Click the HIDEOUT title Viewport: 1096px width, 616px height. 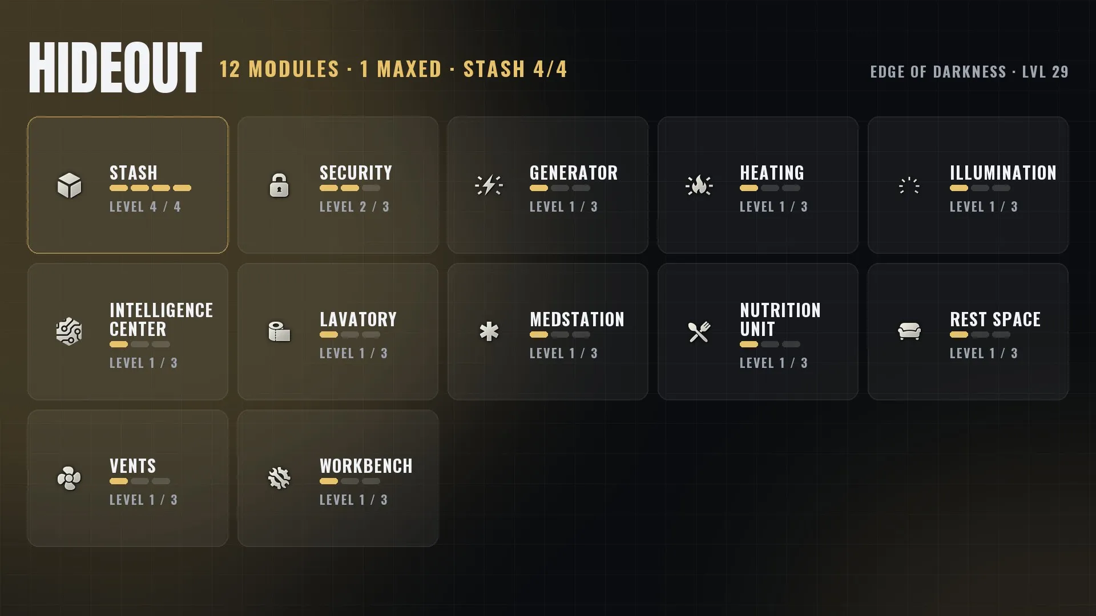coord(115,68)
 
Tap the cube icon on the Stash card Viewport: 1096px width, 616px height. coord(69,185)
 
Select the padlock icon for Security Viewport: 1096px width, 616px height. coord(279,185)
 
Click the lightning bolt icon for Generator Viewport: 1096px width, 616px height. coord(489,185)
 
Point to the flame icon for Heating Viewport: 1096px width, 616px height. coord(699,185)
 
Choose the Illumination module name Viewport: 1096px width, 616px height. coord(1003,173)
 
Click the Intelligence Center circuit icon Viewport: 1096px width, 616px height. coord(69,331)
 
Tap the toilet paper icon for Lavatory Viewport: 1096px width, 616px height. coord(279,331)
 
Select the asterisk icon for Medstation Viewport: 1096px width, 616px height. coord(489,331)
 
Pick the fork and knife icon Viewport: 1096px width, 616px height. coord(699,331)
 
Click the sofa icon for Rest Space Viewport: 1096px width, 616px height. coord(909,331)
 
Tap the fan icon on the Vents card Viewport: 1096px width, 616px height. coord(69,478)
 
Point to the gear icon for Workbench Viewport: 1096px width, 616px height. coord(279,478)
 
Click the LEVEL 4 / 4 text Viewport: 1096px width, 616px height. coord(145,206)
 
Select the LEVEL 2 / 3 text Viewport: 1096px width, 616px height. coord(354,206)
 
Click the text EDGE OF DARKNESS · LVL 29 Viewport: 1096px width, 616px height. coord(969,72)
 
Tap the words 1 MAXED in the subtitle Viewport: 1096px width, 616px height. coord(401,69)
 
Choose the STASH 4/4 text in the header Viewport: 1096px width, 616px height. coord(515,69)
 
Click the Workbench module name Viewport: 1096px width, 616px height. coord(366,466)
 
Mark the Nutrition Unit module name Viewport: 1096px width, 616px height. coord(780,319)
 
